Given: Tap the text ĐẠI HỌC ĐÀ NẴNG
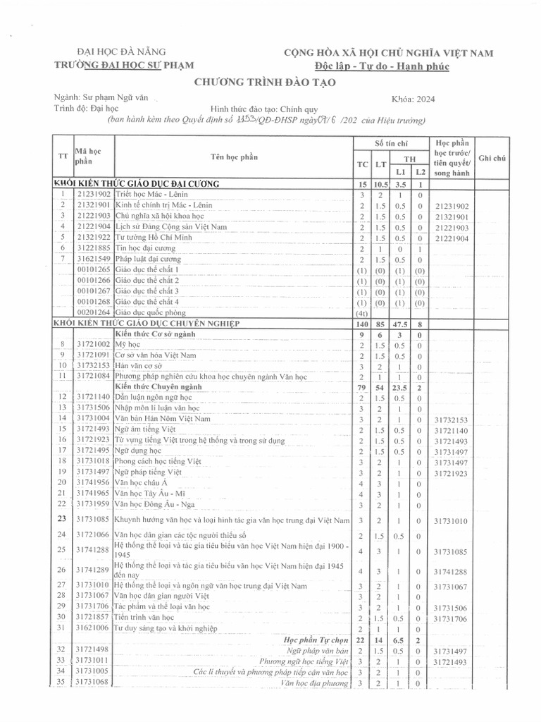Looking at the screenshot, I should [121, 52].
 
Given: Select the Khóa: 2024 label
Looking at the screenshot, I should [413, 99].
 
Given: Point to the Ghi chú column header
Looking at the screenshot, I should [492, 159].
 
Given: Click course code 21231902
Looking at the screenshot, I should [94, 194].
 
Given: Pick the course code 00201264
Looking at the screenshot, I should [94, 312].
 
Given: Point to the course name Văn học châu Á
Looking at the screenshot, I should [142, 482].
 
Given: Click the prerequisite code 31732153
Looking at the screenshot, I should [452, 419].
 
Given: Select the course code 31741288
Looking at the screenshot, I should [94, 550].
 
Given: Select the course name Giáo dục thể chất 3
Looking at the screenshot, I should [147, 290].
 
